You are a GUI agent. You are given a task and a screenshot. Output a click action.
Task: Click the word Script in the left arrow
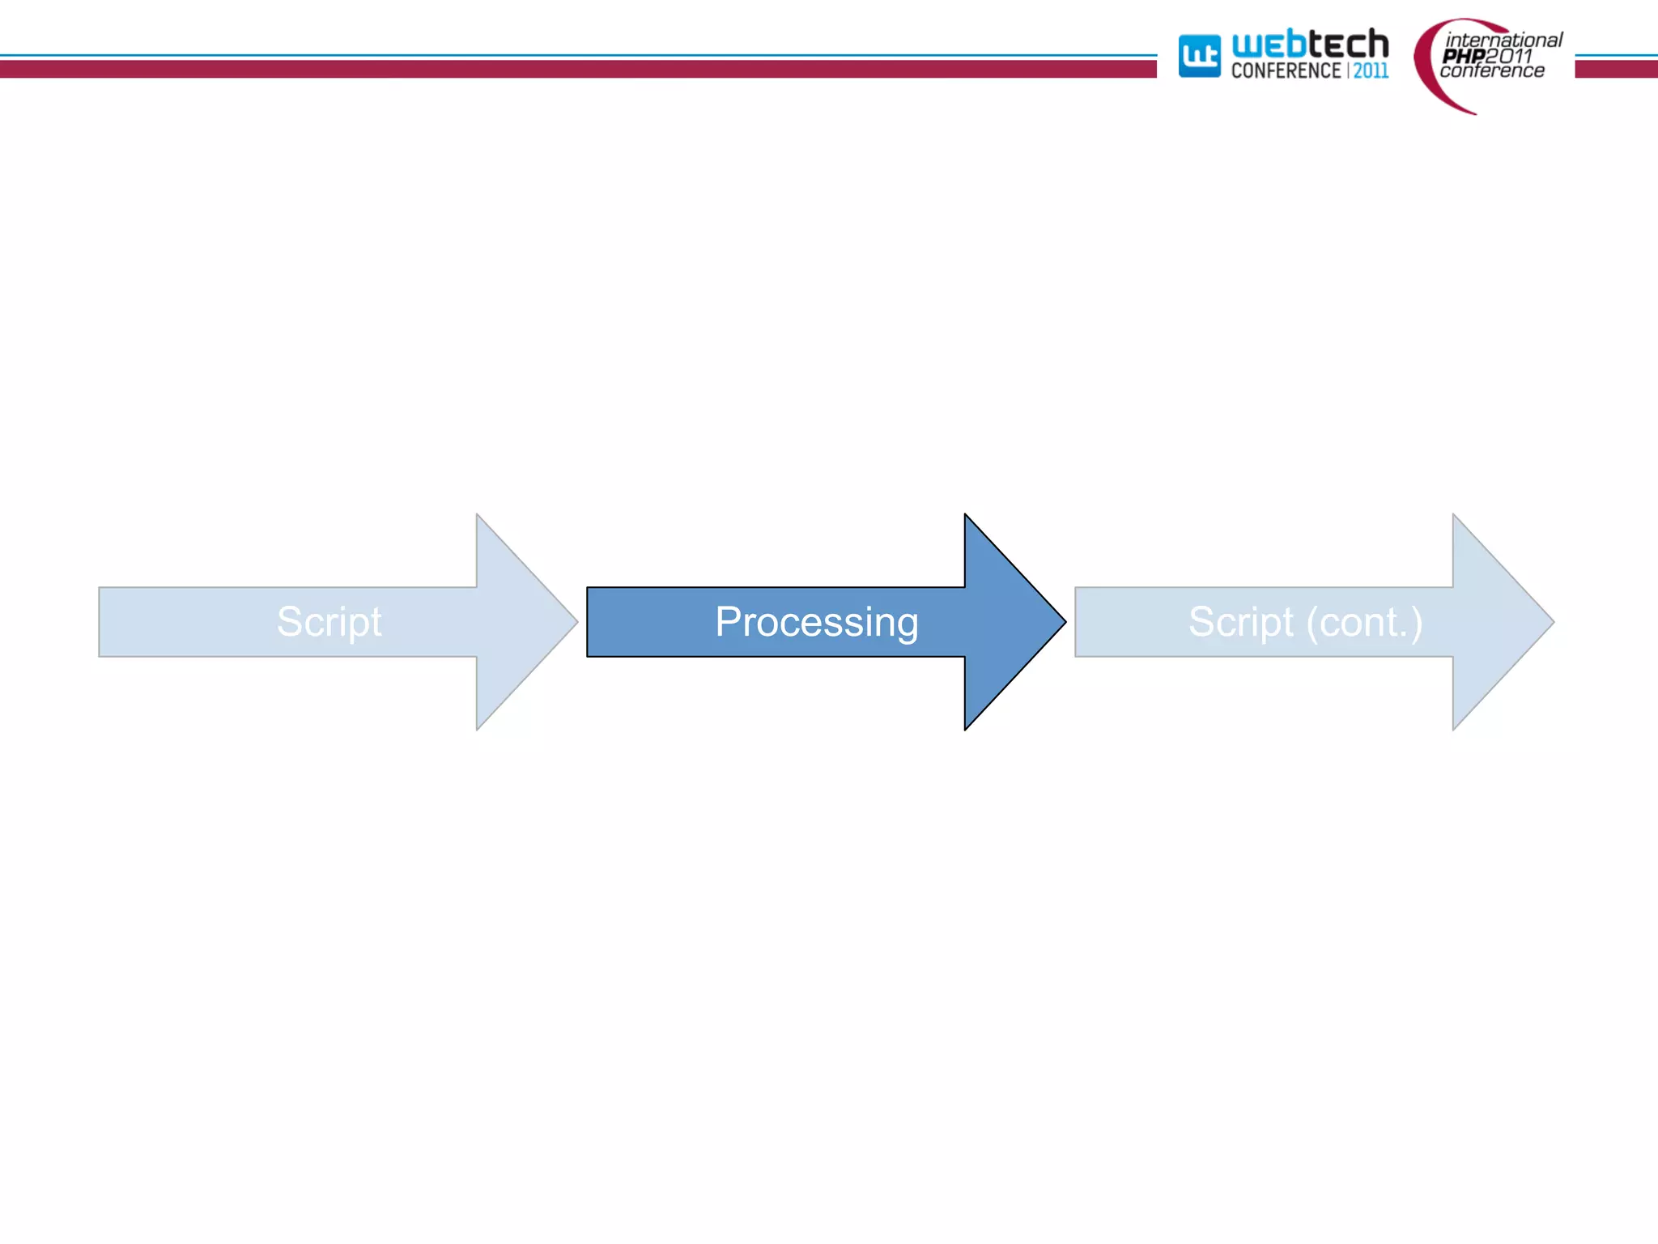tap(329, 622)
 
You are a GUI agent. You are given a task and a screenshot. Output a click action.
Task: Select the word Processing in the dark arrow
tap(816, 622)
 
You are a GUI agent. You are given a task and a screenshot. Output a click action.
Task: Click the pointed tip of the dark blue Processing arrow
tap(1061, 622)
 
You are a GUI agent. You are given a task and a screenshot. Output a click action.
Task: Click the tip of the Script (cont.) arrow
tap(1550, 622)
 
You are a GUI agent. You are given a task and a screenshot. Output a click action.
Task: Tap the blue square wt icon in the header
tap(1199, 56)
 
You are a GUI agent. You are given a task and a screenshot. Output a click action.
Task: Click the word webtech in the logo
tap(1309, 44)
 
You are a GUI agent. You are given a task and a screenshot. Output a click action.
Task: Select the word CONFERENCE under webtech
tap(1286, 71)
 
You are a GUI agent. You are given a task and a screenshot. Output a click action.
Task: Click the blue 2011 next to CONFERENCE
tap(1371, 71)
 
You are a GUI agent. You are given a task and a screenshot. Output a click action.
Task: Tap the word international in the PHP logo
tap(1503, 40)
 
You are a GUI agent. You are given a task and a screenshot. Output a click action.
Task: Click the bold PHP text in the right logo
tap(1463, 56)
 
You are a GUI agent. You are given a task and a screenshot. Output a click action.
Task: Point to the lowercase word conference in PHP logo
tap(1491, 71)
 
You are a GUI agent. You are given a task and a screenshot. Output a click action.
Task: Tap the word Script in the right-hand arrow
tap(1241, 622)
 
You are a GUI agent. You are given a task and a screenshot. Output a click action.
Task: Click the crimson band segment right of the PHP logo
tap(1616, 70)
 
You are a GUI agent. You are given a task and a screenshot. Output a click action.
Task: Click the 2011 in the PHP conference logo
tap(1509, 56)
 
